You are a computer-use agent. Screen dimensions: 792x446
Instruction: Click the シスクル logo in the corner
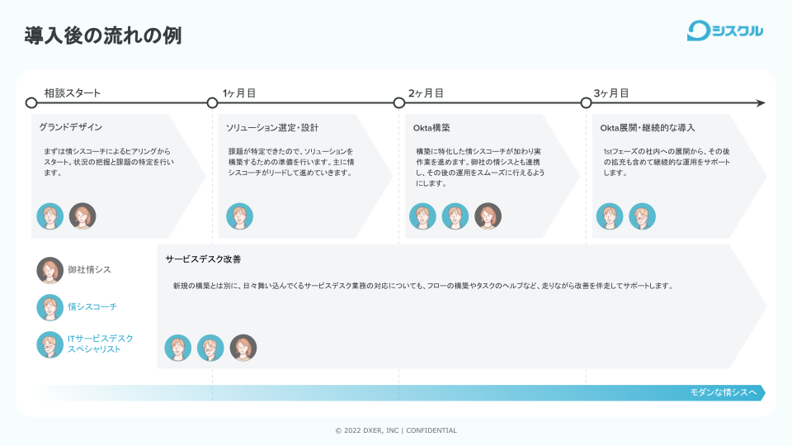coord(725,31)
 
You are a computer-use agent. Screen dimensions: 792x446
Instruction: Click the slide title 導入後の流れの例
coord(103,36)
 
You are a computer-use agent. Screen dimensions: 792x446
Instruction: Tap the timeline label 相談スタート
coord(73,93)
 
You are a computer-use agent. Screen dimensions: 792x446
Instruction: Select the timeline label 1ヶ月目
coord(239,93)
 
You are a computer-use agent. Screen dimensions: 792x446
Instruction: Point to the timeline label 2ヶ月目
coord(426,93)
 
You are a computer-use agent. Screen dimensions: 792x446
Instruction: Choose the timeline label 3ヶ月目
coord(611,93)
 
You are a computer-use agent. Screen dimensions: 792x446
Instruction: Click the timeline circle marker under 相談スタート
coord(31,103)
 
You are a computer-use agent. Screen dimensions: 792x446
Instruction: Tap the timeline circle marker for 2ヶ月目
coord(399,103)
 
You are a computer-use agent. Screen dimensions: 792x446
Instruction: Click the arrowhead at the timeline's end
coord(760,103)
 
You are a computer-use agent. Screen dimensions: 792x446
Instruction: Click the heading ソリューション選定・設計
coord(272,128)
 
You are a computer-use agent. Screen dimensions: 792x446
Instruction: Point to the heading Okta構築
coord(431,128)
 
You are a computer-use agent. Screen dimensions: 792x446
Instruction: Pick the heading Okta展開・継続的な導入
coord(648,128)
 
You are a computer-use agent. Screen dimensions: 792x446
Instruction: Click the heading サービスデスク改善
coord(203,259)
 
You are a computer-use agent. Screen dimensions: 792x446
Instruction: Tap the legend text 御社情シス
coord(89,270)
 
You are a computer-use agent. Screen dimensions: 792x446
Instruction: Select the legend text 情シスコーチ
coord(92,307)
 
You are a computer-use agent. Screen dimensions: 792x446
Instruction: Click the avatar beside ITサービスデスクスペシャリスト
coord(50,344)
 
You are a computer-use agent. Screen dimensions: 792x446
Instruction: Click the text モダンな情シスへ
coord(723,392)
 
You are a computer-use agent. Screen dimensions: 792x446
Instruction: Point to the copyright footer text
coord(396,430)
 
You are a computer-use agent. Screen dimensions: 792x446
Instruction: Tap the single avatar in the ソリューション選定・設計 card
coord(239,216)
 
